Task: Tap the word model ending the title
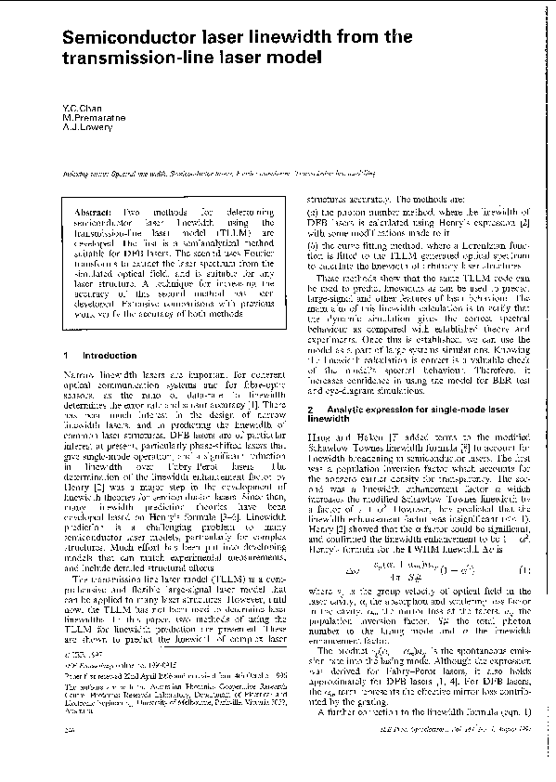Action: click(302, 57)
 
